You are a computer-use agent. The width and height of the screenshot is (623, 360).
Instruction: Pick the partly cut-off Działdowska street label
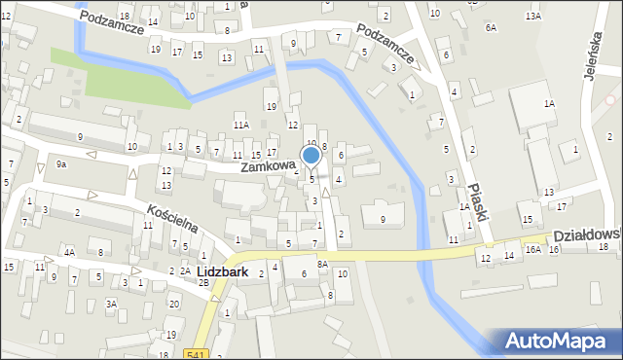click(587, 236)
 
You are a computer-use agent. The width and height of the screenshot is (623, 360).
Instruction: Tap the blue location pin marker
click(311, 157)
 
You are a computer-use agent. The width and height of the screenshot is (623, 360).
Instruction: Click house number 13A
click(532, 17)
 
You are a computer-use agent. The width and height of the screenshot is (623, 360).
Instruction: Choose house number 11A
click(241, 125)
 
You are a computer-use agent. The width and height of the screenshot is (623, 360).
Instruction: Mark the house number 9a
click(61, 164)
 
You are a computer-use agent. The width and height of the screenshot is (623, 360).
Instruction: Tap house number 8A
click(321, 264)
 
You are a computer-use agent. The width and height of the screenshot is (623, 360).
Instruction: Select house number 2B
click(203, 282)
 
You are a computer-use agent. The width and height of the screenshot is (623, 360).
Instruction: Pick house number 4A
click(69, 252)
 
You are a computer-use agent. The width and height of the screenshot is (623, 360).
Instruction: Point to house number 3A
click(112, 305)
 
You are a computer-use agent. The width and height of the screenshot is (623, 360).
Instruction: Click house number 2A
click(185, 270)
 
